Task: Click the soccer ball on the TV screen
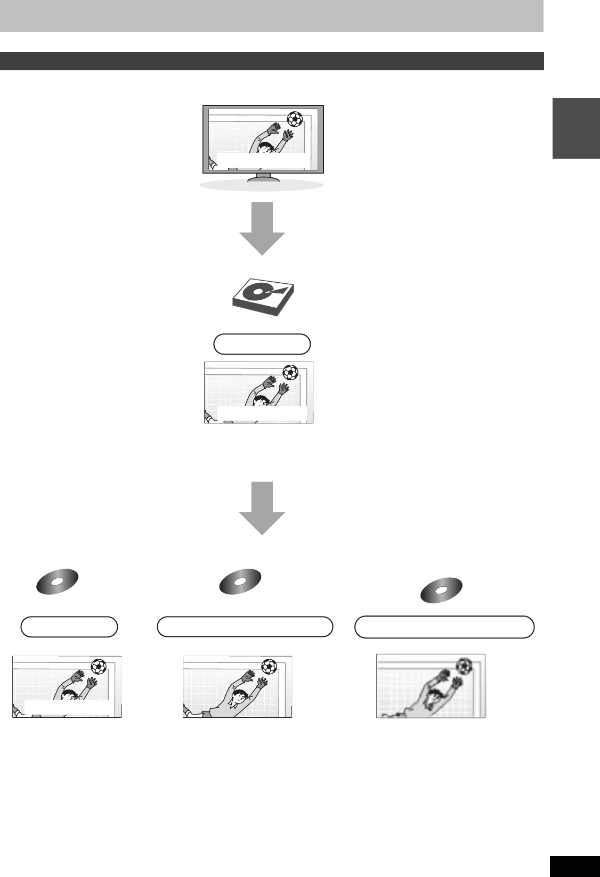pos(294,118)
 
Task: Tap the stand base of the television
pos(262,184)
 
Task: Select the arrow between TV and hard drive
pos(262,228)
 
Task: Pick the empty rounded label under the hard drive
pos(262,345)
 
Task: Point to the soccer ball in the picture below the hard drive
pos(290,372)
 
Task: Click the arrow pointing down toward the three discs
pos(262,508)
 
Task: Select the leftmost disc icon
pos(58,580)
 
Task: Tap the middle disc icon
pos(240,580)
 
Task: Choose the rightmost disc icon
pos(441,590)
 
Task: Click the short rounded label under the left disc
pos(69,627)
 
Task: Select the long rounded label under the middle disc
pos(245,627)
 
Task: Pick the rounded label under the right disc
pos(445,627)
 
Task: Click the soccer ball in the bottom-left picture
pos(99,666)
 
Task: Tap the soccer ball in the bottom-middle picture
pos(269,666)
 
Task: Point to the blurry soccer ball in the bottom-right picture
pos(465,665)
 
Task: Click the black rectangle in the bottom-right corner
pos(575,866)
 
